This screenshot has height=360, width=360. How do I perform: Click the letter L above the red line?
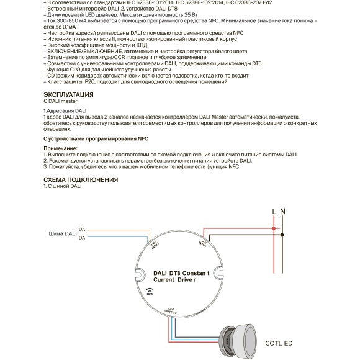point(274,212)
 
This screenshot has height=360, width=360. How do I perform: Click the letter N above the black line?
point(283,212)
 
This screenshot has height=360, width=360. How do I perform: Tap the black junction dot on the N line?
point(283,235)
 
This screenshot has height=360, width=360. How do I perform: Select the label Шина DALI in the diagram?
point(62,234)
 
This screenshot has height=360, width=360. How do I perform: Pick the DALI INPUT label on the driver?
point(155,245)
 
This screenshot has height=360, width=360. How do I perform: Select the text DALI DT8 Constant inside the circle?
point(181,272)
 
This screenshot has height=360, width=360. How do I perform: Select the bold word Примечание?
point(61,149)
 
